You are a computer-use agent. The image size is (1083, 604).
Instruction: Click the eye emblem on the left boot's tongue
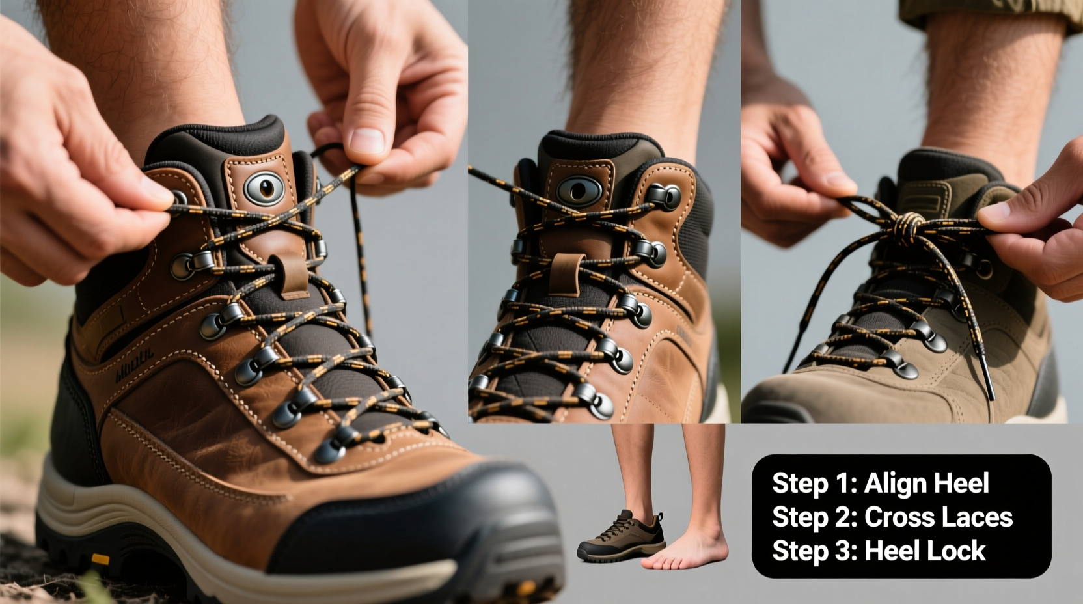(264, 188)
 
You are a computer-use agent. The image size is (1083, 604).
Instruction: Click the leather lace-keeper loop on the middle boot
(565, 273)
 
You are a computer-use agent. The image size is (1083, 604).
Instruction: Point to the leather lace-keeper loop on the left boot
(292, 273)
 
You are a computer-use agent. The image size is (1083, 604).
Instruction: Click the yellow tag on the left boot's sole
(100, 559)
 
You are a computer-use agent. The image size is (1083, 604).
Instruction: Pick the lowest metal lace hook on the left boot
(331, 450)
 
